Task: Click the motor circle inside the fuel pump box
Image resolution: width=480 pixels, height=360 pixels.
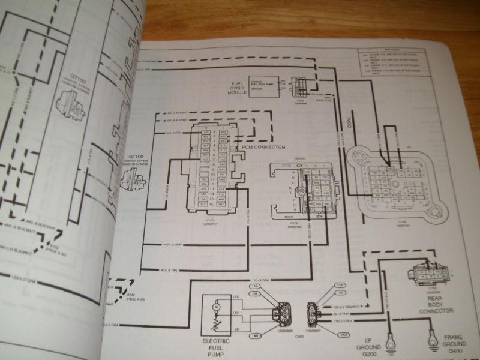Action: pos(214,308)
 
